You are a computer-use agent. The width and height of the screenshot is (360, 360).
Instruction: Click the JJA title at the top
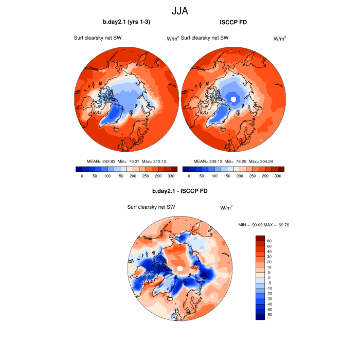[x=180, y=10]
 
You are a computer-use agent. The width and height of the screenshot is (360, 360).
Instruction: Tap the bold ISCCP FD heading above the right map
[x=233, y=22]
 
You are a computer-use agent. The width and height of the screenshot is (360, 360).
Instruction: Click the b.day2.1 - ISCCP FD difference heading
[x=179, y=191]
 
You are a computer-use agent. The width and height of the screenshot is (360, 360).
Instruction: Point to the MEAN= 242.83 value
[x=100, y=161]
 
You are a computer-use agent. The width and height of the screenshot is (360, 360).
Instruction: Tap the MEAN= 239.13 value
[x=207, y=161]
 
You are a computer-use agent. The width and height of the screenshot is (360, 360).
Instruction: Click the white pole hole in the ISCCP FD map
[x=233, y=99]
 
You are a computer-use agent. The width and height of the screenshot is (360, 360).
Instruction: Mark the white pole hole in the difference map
[x=179, y=268]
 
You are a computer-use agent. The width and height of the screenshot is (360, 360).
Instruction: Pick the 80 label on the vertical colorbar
[x=269, y=241]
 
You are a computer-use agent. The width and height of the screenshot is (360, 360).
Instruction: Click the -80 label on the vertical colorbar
[x=269, y=315]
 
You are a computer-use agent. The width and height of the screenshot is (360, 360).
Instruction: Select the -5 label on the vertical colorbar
[x=269, y=283]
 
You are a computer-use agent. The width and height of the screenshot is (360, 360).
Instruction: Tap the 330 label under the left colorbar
[x=171, y=176]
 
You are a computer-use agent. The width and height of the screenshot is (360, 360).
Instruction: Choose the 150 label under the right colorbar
[x=227, y=176]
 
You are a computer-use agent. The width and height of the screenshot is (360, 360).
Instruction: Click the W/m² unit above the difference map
[x=226, y=208]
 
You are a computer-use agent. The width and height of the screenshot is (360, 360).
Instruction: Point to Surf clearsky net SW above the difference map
[x=152, y=207]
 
